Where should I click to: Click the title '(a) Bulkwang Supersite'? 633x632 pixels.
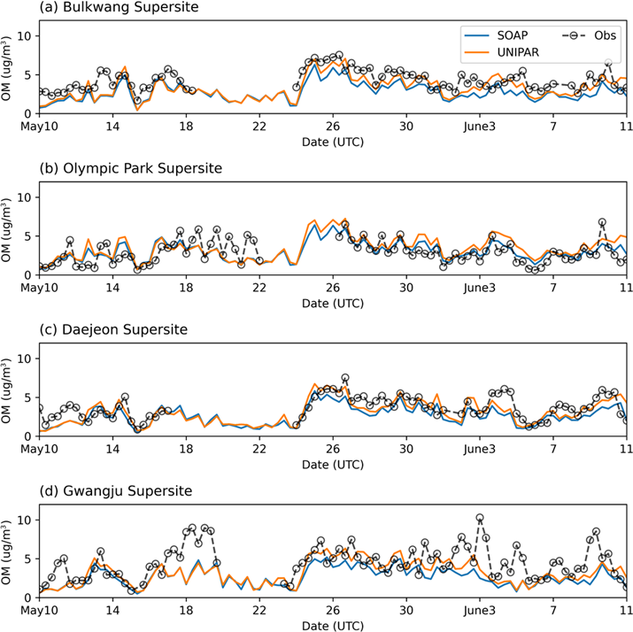(x=119, y=9)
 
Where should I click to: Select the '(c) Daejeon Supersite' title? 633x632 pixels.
(x=118, y=330)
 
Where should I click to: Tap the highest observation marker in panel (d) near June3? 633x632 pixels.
(x=480, y=518)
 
